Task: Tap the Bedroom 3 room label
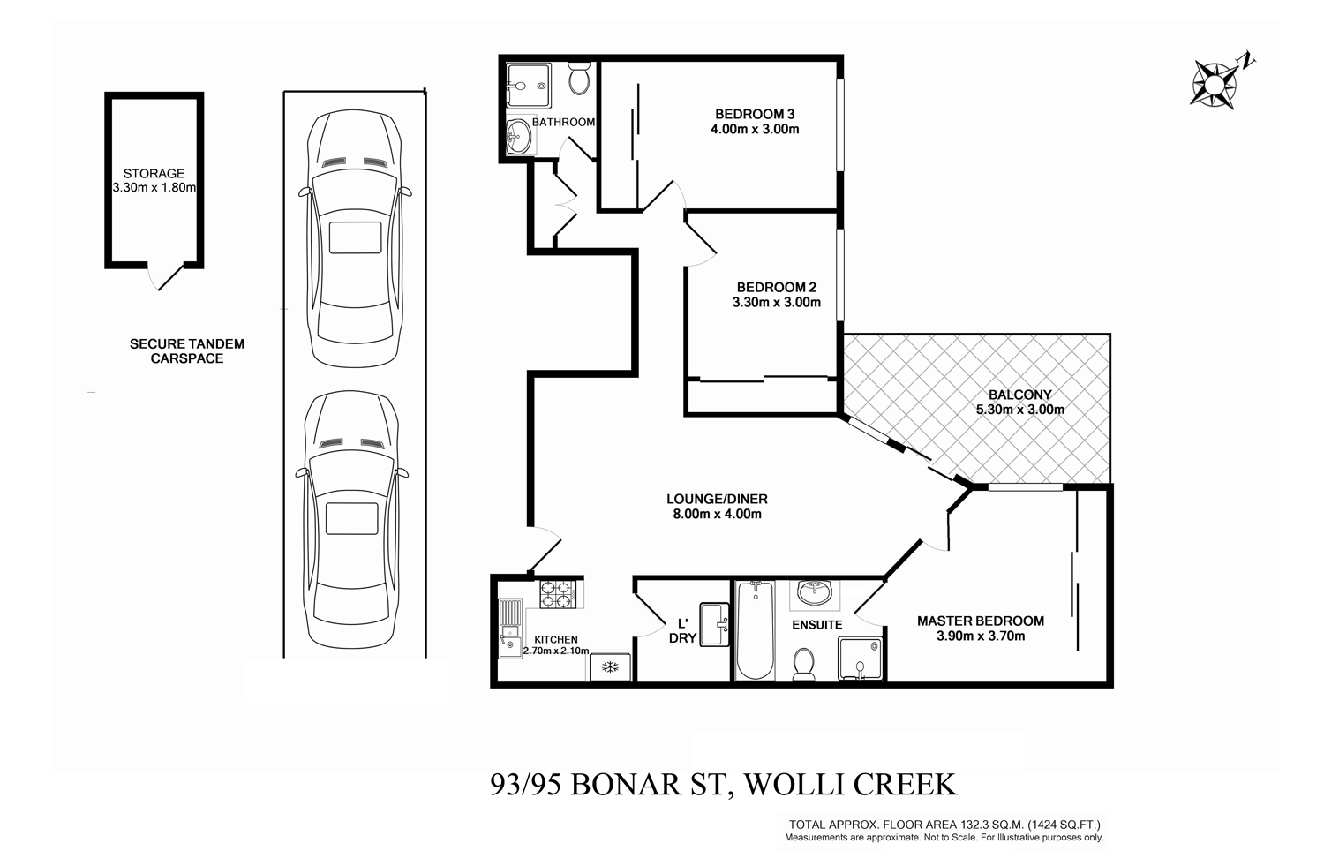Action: point(755,114)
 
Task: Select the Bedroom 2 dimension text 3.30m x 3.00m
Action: point(777,303)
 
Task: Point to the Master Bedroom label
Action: point(980,621)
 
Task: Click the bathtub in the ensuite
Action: point(755,630)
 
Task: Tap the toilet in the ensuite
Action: point(804,665)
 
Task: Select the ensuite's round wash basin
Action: point(812,593)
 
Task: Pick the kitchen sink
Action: point(510,629)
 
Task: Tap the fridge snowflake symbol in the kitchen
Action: point(609,666)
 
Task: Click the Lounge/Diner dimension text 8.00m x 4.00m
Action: point(715,514)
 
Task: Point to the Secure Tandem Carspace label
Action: point(187,351)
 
